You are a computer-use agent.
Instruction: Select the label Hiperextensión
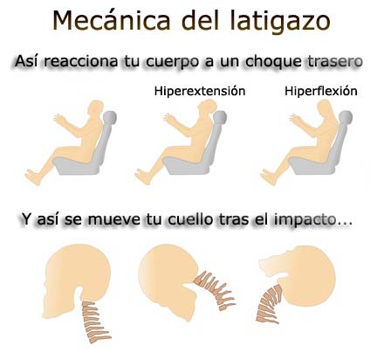coord(199,91)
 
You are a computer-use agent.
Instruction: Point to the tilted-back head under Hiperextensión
coord(213,111)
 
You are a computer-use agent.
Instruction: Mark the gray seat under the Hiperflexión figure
coord(324,157)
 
